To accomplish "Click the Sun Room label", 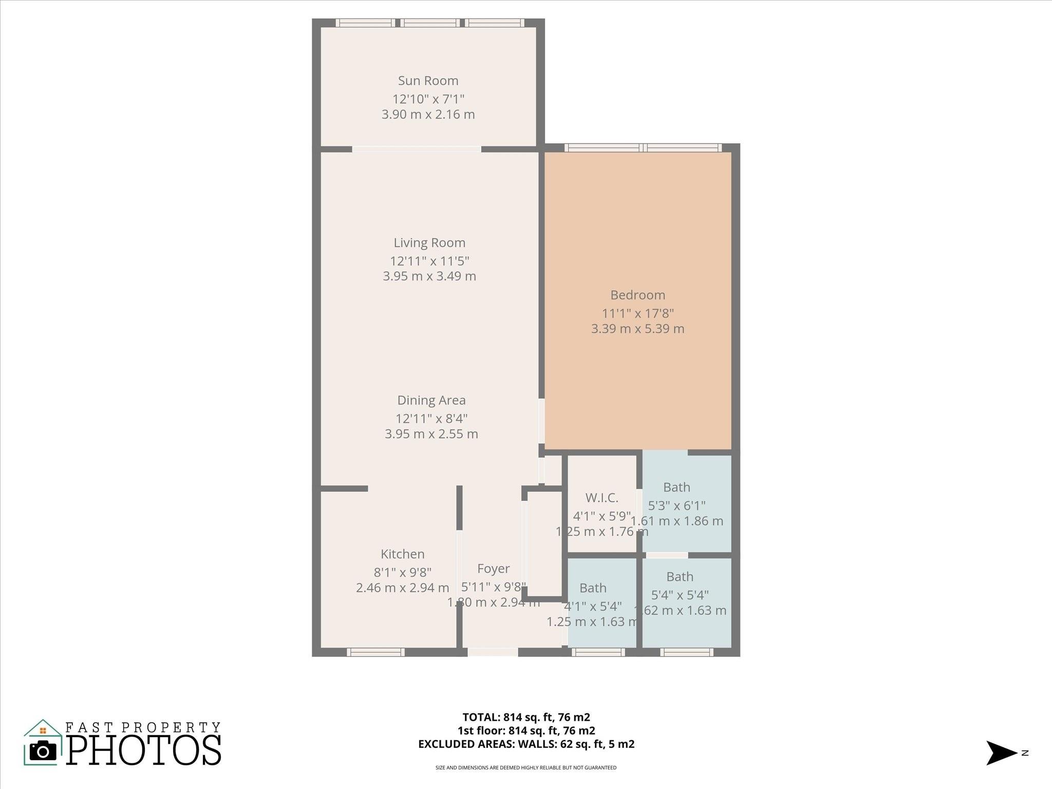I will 428,81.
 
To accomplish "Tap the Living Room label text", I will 429,242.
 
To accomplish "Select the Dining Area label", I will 431,400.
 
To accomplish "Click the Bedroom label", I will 637,295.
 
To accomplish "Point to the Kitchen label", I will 402,554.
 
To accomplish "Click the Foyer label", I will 493,568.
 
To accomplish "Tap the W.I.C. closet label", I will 602,498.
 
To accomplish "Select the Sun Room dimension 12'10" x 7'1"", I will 428,99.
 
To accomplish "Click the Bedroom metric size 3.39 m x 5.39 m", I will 637,329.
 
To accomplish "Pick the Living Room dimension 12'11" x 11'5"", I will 429,260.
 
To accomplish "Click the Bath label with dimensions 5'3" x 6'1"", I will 677,487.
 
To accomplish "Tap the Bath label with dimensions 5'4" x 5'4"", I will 680,576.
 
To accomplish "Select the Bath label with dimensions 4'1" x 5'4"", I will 593,588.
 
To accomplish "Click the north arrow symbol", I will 1000,753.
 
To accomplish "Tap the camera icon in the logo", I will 43,751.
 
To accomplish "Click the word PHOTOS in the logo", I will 144,750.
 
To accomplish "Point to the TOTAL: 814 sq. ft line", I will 526,717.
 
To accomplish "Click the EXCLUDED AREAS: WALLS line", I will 526,744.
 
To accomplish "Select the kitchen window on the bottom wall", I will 375,652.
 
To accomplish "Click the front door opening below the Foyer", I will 492,652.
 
